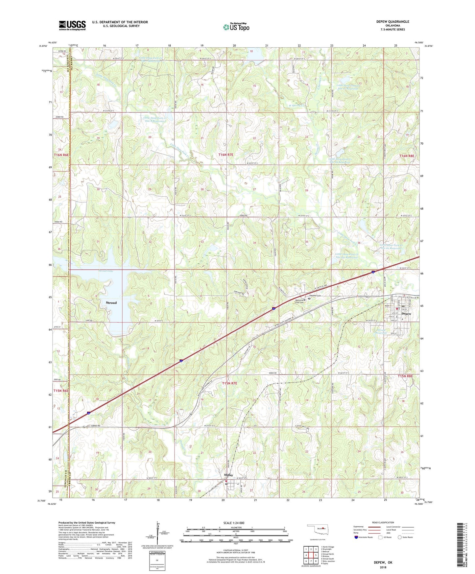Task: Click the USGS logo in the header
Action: coord(72,25)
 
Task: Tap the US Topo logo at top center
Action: coord(236,27)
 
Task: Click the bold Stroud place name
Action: coord(111,303)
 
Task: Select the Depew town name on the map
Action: coord(406,314)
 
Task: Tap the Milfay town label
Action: coord(228,475)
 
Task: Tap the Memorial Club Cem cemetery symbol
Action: coord(304,300)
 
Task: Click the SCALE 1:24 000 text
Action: coord(234,523)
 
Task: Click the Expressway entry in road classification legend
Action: coord(359,527)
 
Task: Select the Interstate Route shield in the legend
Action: coord(356,537)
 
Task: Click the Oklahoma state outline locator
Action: coord(317,529)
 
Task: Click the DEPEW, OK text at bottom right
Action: coord(383,562)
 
